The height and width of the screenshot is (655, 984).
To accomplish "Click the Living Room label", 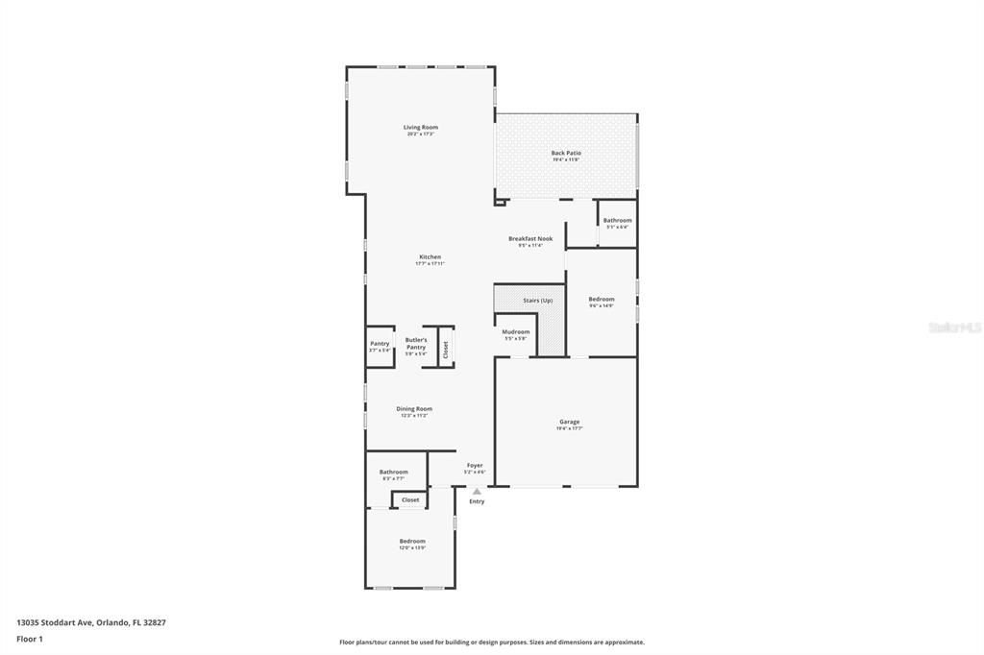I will [x=421, y=128].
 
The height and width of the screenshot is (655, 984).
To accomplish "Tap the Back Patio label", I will [x=566, y=153].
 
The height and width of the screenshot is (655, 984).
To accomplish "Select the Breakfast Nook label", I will [x=530, y=238].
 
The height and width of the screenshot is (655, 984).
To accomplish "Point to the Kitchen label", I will [x=430, y=257].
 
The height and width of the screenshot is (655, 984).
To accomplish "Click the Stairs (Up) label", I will [x=537, y=301].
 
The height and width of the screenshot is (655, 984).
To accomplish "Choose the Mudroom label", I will [x=516, y=332].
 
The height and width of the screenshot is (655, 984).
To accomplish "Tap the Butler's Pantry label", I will [x=416, y=342].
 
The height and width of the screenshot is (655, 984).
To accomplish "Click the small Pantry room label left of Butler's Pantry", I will [x=380, y=344].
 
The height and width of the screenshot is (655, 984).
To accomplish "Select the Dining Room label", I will [x=414, y=409].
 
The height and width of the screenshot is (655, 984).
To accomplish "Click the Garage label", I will [x=570, y=422].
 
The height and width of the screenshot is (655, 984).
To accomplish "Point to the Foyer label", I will [x=475, y=466].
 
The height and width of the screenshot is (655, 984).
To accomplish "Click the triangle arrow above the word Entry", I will [x=477, y=491].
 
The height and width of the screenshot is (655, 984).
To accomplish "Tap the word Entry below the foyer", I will [x=477, y=501].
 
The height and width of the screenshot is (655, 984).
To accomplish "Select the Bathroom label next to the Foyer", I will [x=393, y=472].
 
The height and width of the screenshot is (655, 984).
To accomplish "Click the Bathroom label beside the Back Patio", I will [x=617, y=221].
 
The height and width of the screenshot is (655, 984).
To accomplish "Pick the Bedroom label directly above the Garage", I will [x=601, y=300].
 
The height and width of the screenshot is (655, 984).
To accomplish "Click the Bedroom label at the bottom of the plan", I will [x=412, y=542].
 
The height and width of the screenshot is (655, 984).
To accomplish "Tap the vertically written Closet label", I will [x=446, y=351].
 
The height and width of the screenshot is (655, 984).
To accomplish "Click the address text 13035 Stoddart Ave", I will [x=55, y=622].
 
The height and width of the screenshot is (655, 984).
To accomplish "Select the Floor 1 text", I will [x=30, y=639].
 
